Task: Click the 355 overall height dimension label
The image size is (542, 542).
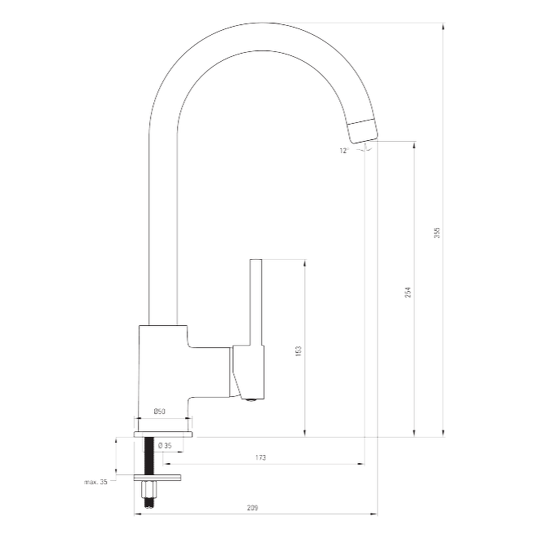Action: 437,233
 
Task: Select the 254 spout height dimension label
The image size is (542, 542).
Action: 408,292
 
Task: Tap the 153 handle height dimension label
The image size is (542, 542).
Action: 299,351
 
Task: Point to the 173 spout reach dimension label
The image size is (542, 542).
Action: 261,457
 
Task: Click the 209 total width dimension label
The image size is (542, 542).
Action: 253,508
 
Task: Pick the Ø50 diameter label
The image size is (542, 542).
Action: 160,411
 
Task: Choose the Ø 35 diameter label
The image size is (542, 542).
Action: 165,446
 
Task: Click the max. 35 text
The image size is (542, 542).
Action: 96,481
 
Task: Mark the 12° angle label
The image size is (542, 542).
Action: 344,150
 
